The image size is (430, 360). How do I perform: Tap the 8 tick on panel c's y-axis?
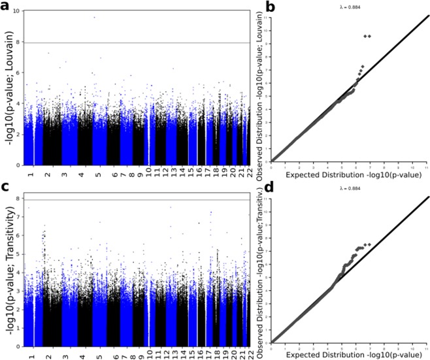(x=18, y=194)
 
